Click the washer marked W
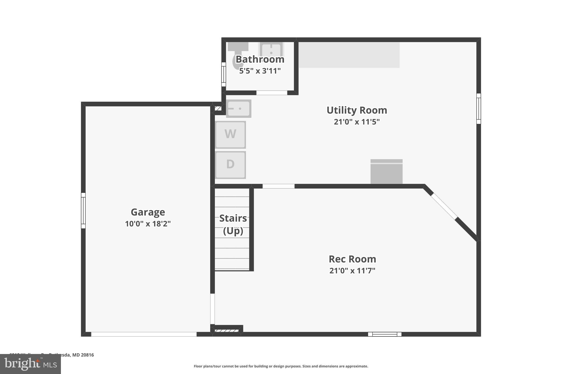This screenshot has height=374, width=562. click(x=230, y=135)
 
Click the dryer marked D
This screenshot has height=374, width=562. click(x=230, y=165)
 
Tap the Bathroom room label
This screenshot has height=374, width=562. click(x=260, y=59)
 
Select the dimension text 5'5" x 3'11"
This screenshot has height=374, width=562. click(x=260, y=71)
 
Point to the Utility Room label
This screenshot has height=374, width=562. click(x=357, y=110)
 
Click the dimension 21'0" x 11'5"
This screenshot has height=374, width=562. click(x=357, y=122)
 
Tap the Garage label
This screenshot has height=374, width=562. click(x=148, y=212)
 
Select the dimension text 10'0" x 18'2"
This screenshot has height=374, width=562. click(x=148, y=224)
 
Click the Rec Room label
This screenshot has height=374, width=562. click(x=352, y=259)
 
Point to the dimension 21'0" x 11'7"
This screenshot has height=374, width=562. click(x=352, y=271)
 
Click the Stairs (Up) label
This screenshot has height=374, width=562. click(x=233, y=224)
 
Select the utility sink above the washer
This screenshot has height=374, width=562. click(x=239, y=109)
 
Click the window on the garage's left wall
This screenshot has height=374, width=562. click(x=83, y=210)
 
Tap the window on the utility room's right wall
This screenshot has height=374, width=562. click(x=479, y=109)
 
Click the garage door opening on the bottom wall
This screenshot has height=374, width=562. click(x=144, y=334)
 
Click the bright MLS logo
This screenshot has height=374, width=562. click(x=30, y=364)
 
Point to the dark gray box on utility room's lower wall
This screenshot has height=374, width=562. click(x=386, y=172)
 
